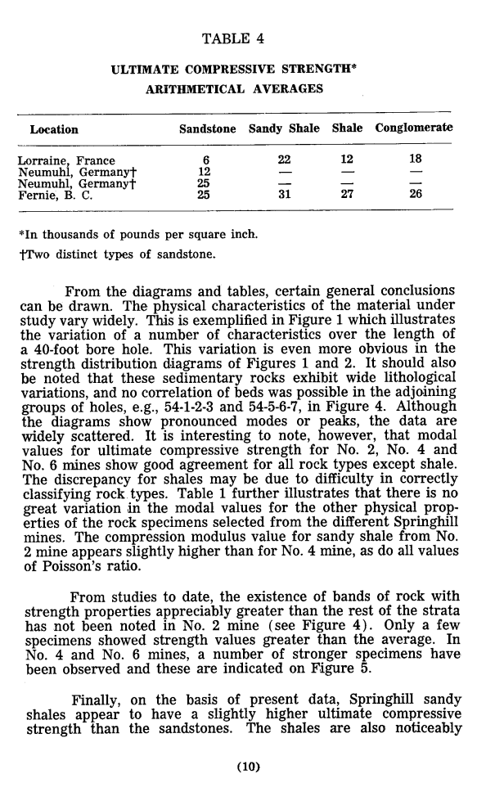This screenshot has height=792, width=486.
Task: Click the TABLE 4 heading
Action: pyautogui.click(x=232, y=38)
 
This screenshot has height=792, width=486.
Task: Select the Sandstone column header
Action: pyautogui.click(x=208, y=129)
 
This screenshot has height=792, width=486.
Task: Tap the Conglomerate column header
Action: pyautogui.click(x=414, y=129)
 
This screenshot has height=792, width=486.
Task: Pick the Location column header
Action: pyautogui.click(x=54, y=130)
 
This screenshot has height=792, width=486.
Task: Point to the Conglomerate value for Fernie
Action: pyautogui.click(x=415, y=195)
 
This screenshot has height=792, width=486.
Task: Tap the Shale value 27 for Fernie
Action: pyautogui.click(x=347, y=195)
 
